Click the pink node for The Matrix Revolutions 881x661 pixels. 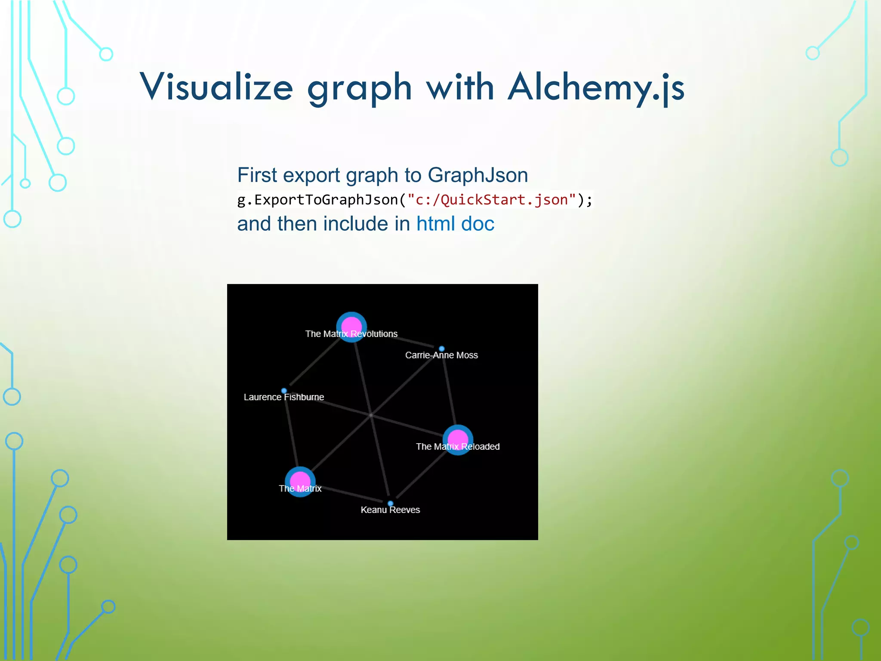[x=351, y=326]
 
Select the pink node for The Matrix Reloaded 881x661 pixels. [x=458, y=439]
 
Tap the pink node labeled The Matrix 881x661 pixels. [x=300, y=481]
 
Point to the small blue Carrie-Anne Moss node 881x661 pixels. [x=441, y=349]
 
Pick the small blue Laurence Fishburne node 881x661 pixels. [x=284, y=391]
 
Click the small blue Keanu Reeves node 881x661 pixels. [x=390, y=503]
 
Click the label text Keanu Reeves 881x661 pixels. [x=390, y=510]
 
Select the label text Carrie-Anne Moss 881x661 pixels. [x=441, y=355]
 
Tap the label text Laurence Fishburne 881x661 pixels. [x=284, y=397]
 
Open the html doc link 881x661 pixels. [x=455, y=224]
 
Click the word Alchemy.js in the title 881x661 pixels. [x=596, y=88]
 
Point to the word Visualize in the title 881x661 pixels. [x=216, y=88]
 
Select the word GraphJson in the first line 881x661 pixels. [x=477, y=175]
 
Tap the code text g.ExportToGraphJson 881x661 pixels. [x=317, y=200]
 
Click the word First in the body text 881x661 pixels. [x=257, y=175]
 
